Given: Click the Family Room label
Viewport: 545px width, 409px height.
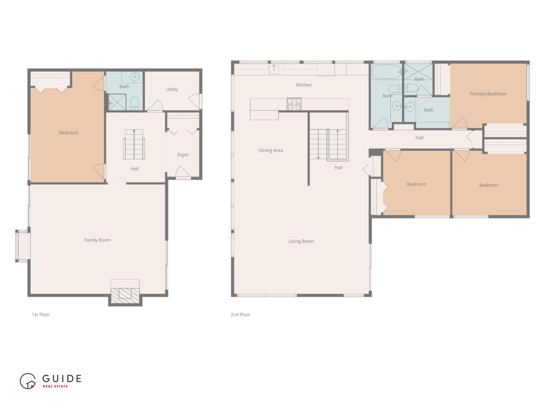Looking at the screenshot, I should [x=97, y=240].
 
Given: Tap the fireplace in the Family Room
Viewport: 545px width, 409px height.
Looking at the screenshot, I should [x=125, y=293].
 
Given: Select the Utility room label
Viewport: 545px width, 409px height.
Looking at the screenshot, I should [x=172, y=89].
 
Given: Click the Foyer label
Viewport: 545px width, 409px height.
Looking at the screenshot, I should [x=183, y=155].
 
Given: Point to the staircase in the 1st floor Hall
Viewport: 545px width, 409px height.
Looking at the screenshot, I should [x=134, y=144].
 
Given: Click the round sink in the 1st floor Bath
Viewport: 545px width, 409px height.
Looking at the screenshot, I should [x=135, y=77].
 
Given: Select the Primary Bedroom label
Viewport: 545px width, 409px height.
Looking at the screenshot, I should [x=488, y=94].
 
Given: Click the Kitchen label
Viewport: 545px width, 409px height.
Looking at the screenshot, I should [x=304, y=85].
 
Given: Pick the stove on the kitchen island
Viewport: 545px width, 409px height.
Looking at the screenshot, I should [x=294, y=104].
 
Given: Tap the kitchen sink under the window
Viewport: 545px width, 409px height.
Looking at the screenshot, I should [x=274, y=69].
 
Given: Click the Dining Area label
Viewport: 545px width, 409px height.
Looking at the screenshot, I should [x=271, y=150].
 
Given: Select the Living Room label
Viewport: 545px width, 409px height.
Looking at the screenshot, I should [x=301, y=241].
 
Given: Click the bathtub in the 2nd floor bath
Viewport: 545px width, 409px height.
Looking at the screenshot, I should [x=386, y=72].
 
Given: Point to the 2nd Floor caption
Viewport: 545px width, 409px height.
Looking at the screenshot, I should [x=240, y=315].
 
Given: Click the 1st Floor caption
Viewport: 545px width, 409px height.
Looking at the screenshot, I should [x=40, y=315].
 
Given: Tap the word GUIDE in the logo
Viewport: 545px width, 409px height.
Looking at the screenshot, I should [x=62, y=378].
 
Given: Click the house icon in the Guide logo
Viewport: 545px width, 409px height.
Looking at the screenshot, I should [x=28, y=381].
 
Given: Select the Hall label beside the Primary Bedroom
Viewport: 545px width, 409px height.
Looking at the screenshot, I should [x=419, y=138].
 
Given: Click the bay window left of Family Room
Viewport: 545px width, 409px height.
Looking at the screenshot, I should [x=22, y=246].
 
